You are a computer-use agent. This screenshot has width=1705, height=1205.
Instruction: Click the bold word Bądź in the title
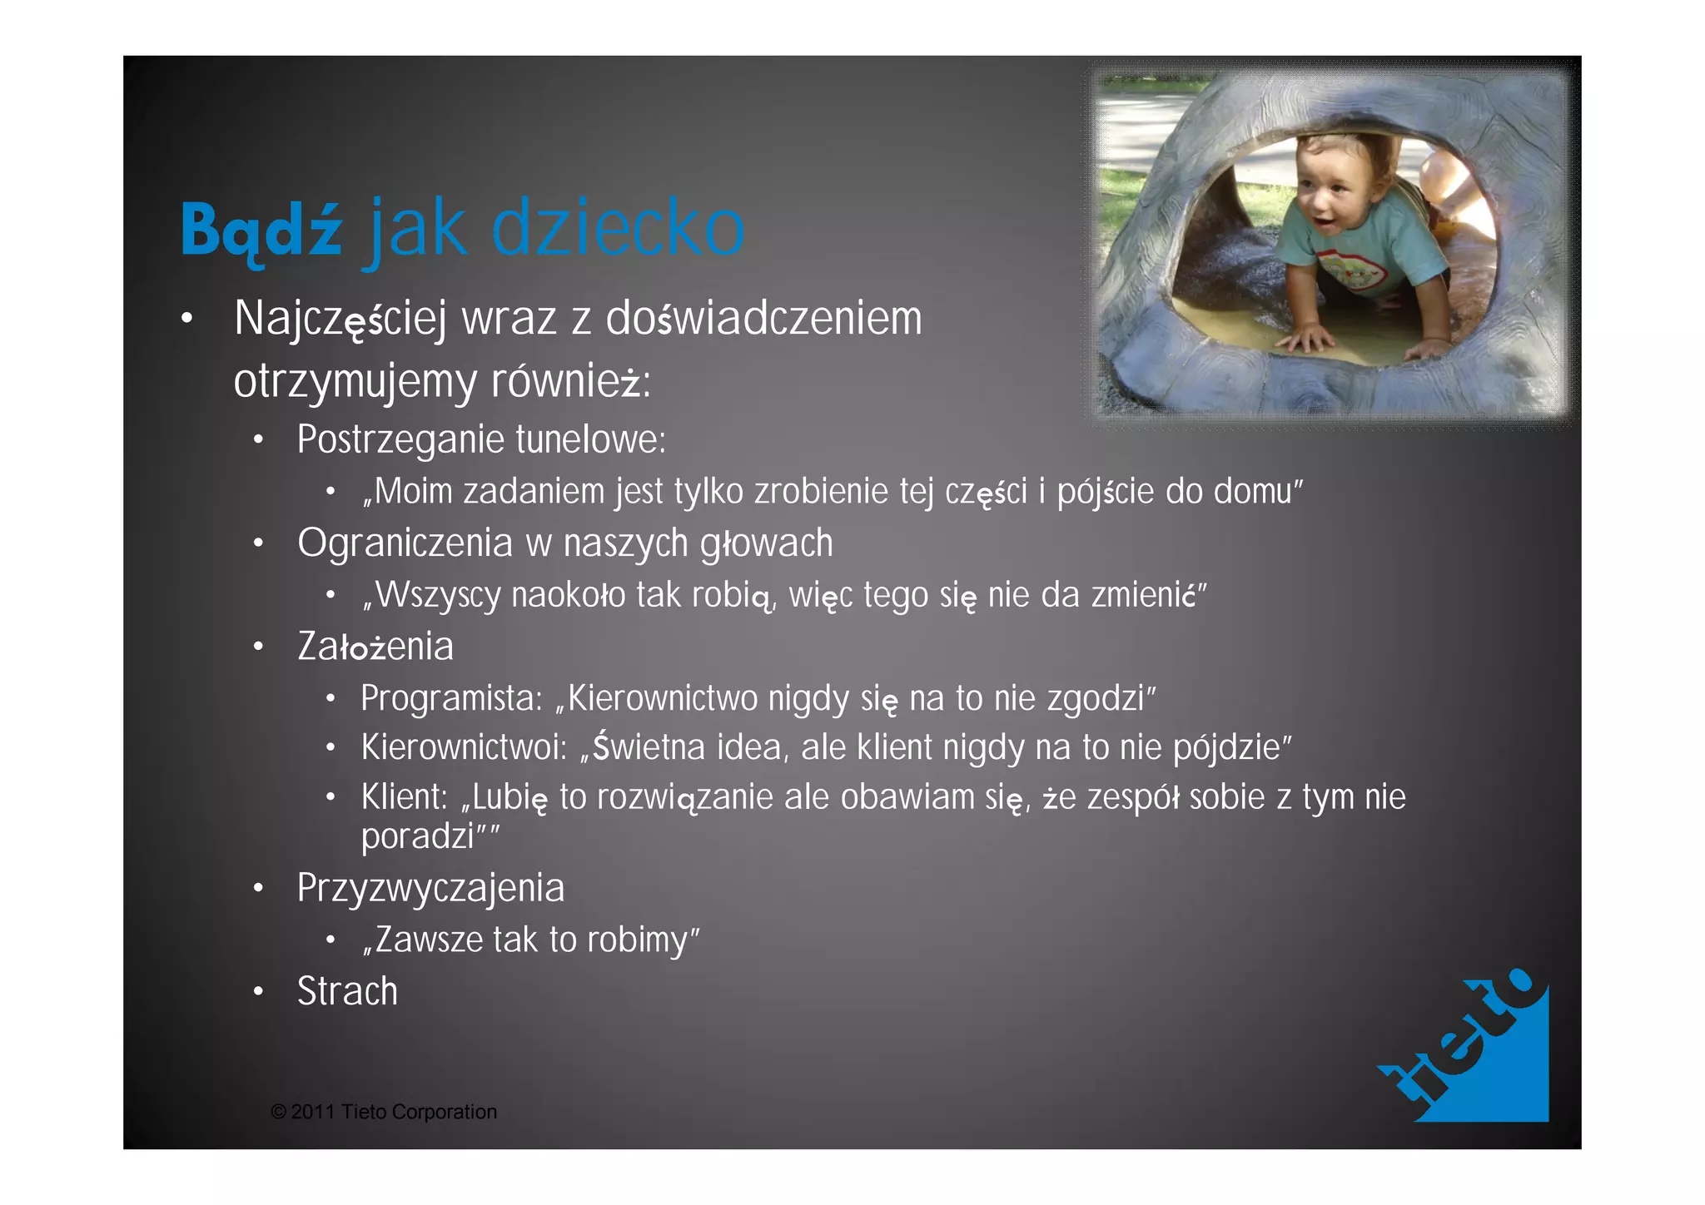(261, 230)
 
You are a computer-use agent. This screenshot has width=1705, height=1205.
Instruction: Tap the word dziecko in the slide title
(617, 227)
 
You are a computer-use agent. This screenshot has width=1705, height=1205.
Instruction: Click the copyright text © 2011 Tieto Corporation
(384, 1112)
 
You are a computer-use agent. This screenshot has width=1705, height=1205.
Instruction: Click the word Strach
(347, 991)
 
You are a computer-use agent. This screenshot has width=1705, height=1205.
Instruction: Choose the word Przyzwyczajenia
(430, 888)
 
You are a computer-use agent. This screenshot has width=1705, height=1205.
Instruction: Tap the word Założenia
(375, 647)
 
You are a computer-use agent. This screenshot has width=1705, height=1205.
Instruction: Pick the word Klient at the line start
(404, 797)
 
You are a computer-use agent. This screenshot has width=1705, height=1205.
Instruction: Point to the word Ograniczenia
(405, 543)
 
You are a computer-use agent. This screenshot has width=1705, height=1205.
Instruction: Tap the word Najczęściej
(341, 320)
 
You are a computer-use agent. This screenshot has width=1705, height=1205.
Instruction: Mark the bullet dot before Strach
(259, 991)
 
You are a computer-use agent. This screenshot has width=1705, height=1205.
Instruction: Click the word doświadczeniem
(763, 319)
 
